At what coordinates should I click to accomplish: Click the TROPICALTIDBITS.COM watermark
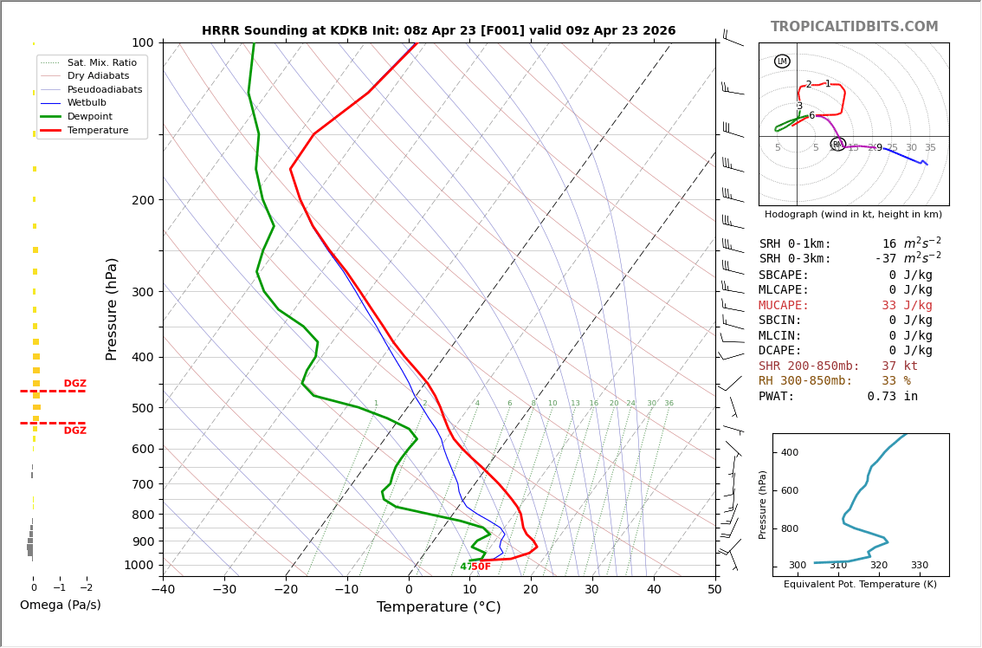click(x=854, y=27)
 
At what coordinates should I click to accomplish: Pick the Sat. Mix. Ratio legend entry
click(x=101, y=63)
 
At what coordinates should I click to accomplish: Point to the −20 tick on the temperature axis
click(x=286, y=590)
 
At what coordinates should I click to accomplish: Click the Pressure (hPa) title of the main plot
click(x=112, y=308)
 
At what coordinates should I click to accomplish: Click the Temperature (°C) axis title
click(x=438, y=607)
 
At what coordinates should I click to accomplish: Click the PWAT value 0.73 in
click(x=892, y=397)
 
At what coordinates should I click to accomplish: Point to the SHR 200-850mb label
click(x=809, y=366)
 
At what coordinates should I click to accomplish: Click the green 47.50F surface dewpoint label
click(x=475, y=567)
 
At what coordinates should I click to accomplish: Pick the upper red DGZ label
click(x=74, y=384)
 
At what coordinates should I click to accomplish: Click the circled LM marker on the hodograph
click(x=782, y=62)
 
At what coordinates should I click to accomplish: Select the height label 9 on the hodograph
click(x=879, y=148)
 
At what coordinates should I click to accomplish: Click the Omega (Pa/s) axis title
click(x=60, y=606)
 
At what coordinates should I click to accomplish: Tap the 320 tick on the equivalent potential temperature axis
click(x=878, y=566)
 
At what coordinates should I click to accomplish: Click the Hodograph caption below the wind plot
click(x=853, y=215)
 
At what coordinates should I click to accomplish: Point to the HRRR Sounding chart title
click(x=438, y=31)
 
